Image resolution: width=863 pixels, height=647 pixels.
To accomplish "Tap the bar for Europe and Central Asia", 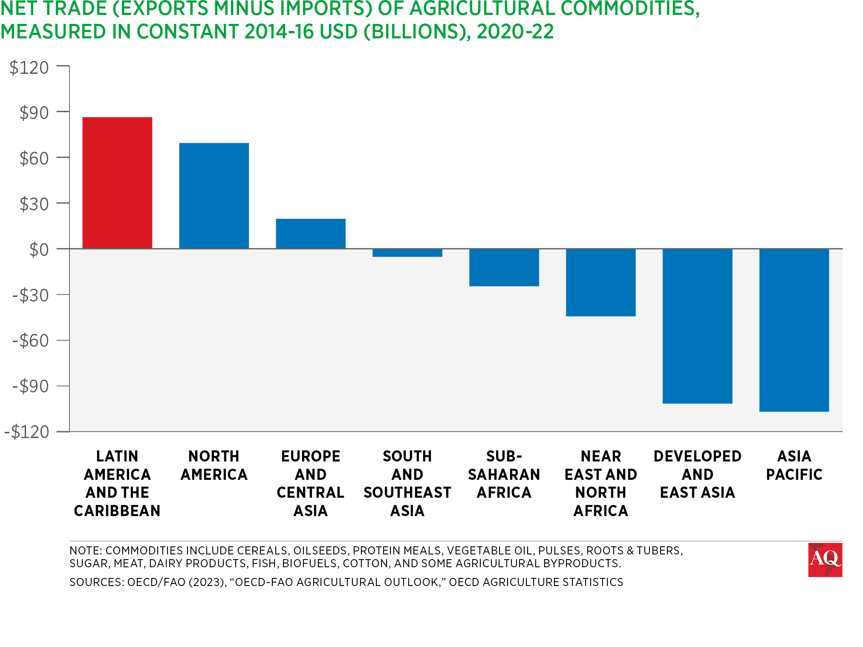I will pyautogui.click(x=311, y=233).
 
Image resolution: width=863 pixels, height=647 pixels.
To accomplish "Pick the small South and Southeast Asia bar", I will pyautogui.click(x=407, y=253).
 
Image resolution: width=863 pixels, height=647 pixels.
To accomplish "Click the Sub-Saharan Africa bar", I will pyautogui.click(x=504, y=267).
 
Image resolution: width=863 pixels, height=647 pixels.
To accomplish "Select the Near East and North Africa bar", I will pyautogui.click(x=601, y=282).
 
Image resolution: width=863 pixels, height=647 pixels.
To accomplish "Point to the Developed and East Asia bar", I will pyautogui.click(x=698, y=326).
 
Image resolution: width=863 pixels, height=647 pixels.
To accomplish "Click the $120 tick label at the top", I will pyautogui.click(x=29, y=67).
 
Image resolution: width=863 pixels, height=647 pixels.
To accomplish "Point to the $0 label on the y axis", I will pyautogui.click(x=39, y=250).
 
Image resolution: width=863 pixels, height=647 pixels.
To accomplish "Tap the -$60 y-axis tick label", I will pyautogui.click(x=31, y=341).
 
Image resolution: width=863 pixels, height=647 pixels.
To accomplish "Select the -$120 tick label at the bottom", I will pyautogui.click(x=27, y=432).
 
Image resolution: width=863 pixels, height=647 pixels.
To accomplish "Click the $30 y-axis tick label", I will pyautogui.click(x=34, y=204).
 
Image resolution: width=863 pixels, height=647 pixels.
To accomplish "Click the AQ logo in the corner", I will pyautogui.click(x=825, y=560).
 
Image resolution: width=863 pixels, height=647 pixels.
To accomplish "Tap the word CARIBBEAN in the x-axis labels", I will pyautogui.click(x=117, y=511).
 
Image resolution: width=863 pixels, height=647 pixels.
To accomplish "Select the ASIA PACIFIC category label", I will pyautogui.click(x=794, y=465).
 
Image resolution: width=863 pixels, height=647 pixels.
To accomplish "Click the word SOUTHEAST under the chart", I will pyautogui.click(x=407, y=493).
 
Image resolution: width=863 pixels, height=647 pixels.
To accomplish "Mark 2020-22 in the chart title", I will pyautogui.click(x=515, y=32).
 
